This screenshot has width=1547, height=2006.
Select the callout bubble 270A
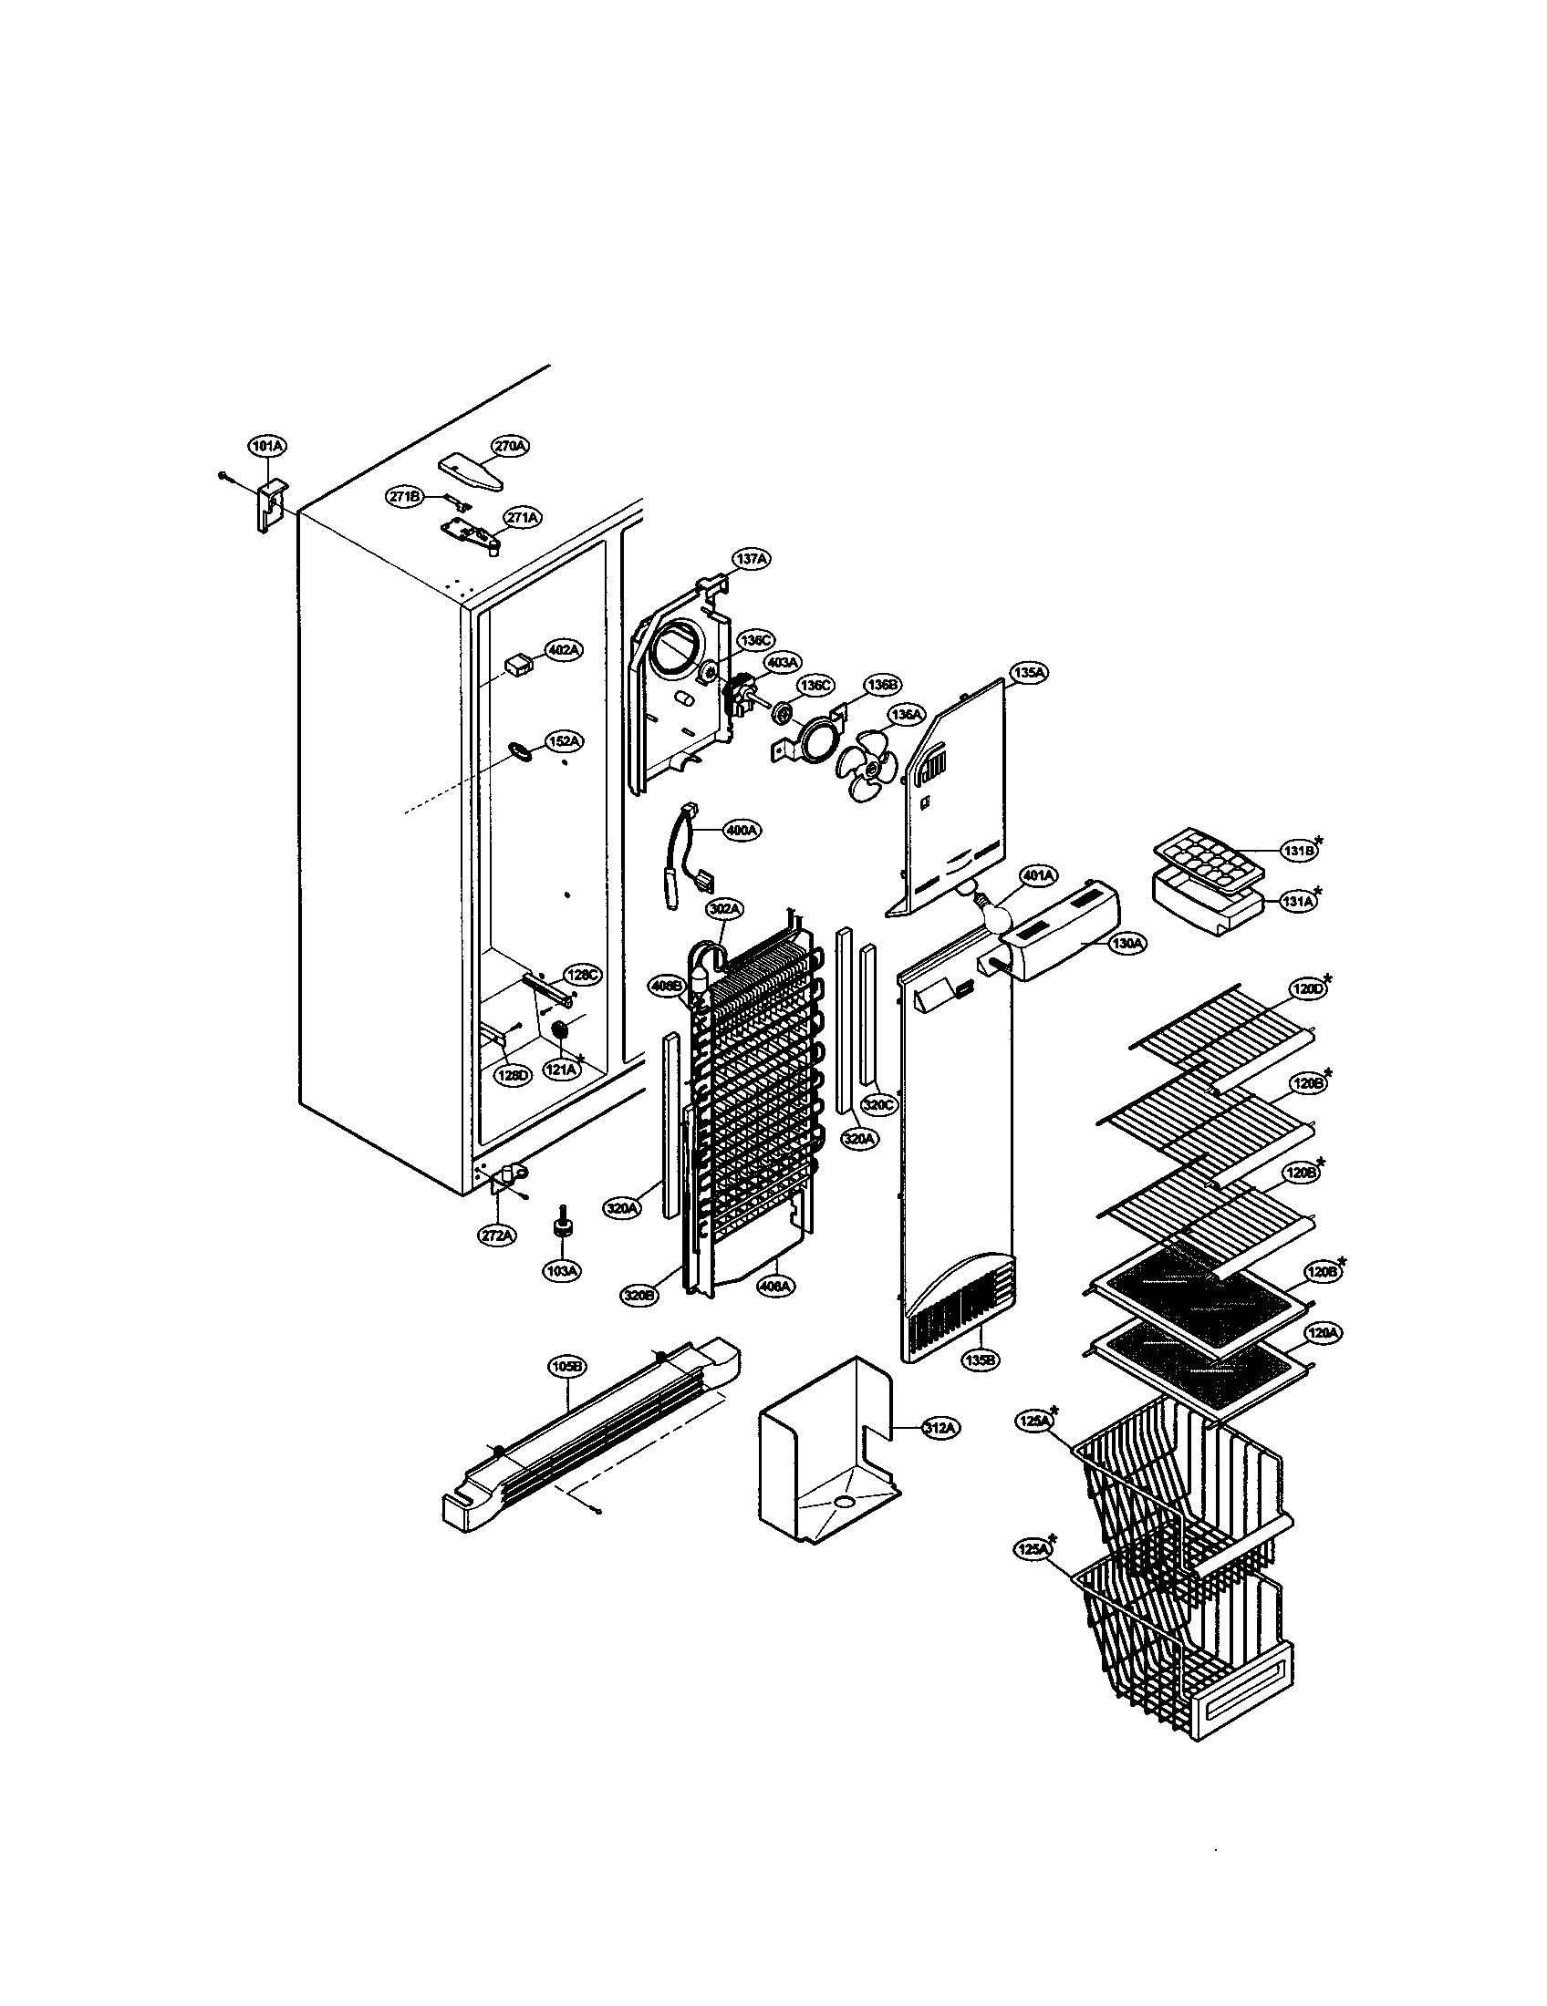coord(511,446)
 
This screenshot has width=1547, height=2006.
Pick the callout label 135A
coord(1028,672)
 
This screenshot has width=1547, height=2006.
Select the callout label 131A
coord(1298,903)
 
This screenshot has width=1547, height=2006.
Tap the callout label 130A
coord(1125,943)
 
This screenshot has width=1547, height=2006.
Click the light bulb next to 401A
coord(995,908)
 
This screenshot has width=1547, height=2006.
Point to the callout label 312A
coord(940,1428)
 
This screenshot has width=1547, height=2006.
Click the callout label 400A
coord(742,831)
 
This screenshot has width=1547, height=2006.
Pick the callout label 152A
coord(564,741)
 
